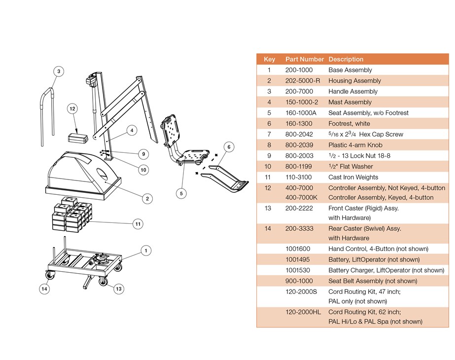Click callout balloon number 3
coord(58,72)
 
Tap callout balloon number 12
coord(72,108)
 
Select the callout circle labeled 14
coord(45,289)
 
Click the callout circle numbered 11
coord(138,224)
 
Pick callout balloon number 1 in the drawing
coord(145,251)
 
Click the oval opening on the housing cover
coord(105,175)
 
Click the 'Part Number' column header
coord(305,59)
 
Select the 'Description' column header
coord(346,59)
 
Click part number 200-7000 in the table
coord(299,91)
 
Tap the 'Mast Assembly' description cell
coord(350,102)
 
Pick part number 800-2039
coord(299,145)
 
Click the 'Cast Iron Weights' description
coord(353,177)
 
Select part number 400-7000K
coord(301,197)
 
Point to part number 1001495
coord(298,259)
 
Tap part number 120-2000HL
coord(303,312)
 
